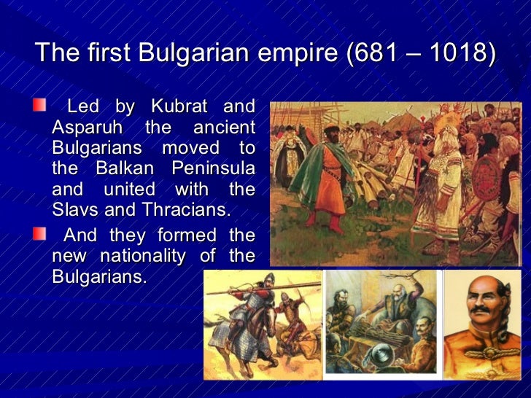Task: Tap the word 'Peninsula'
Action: (x=213, y=168)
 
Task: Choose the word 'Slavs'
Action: (x=76, y=210)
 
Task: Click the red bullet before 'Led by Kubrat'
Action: (x=39, y=106)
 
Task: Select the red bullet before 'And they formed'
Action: (x=39, y=235)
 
